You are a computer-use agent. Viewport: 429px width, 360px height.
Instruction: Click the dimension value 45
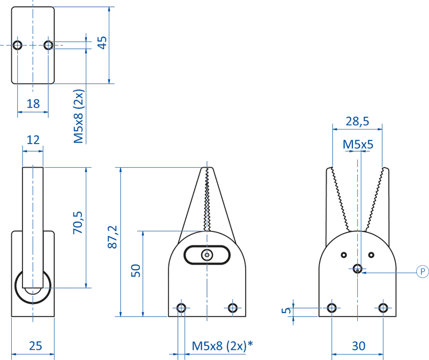coord(102,42)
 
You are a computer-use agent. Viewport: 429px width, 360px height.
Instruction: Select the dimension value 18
coord(33,103)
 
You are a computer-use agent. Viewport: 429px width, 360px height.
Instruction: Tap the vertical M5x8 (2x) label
coord(79,117)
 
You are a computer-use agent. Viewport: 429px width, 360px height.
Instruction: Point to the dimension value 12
coord(33,140)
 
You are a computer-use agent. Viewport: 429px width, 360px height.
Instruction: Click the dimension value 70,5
coord(78,222)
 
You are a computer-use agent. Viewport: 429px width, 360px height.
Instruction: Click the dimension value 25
coord(35,346)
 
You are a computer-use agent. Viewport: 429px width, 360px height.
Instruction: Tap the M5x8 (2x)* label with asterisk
coord(223,346)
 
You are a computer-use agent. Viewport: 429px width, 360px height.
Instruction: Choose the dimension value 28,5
coord(357,122)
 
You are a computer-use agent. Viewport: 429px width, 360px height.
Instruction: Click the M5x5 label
coord(358,144)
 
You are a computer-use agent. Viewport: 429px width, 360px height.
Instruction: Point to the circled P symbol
coord(422,272)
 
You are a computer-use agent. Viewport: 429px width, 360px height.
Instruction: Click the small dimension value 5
coord(288,310)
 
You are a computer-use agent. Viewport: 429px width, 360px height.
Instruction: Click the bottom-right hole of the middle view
coord(232,307)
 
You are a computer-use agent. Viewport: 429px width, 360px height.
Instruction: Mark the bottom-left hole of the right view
coord(332,307)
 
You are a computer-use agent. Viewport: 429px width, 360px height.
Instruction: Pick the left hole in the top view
coord(18,45)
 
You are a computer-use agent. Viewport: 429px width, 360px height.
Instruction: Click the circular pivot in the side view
coord(33,288)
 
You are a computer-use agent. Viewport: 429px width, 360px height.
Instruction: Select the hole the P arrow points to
coord(358,268)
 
